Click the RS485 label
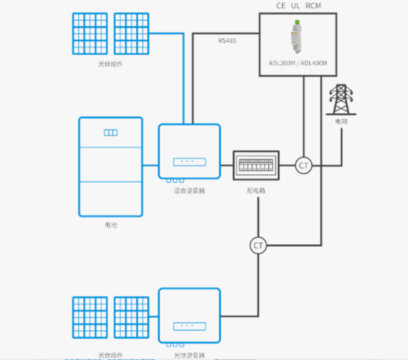pyautogui.click(x=227, y=40)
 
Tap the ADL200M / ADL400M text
pyautogui.click(x=298, y=63)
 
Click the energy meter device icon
pyautogui.click(x=295, y=37)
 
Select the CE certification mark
pyautogui.click(x=281, y=6)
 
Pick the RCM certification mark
pyautogui.click(x=314, y=6)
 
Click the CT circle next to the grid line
pyautogui.click(x=303, y=166)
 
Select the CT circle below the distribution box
pyautogui.click(x=258, y=245)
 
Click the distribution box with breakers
pyautogui.click(x=256, y=166)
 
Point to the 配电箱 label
pyautogui.click(x=256, y=190)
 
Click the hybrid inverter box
pyautogui.click(x=189, y=151)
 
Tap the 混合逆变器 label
pyautogui.click(x=189, y=190)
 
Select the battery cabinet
pyautogui.click(x=110, y=166)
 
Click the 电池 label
pyautogui.click(x=110, y=225)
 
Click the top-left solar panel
pyautogui.click(x=90, y=33)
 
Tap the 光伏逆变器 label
pyautogui.click(x=189, y=355)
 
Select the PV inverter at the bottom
pyautogui.click(x=189, y=315)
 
